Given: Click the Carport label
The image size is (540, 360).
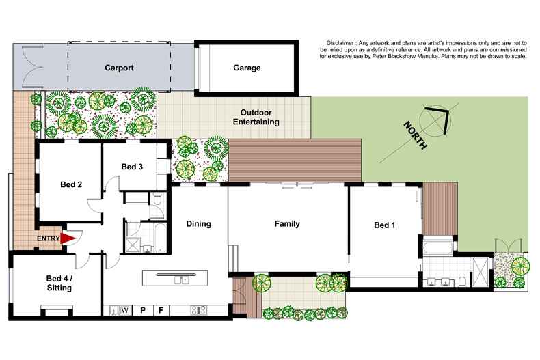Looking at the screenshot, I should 119,68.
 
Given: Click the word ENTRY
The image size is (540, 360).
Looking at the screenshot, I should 49,238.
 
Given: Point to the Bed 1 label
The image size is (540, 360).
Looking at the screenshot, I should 384,225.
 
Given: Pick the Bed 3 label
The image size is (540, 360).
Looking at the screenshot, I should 132,167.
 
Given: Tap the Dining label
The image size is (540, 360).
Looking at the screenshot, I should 198,223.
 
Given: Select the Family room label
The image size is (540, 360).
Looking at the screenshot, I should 287,223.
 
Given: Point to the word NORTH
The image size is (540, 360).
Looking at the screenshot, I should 415,135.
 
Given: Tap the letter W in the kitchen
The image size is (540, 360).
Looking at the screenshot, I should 126,311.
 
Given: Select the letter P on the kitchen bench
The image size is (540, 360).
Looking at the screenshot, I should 144,311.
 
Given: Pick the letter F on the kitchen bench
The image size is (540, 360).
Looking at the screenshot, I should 161,311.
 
